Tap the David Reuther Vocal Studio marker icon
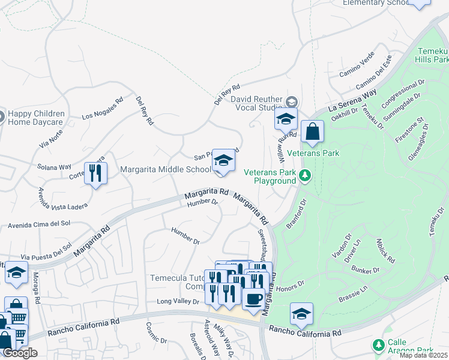coord(292,101)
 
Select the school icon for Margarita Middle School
coord(223,161)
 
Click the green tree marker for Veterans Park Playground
coord(306,175)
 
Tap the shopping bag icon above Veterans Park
coord(312,132)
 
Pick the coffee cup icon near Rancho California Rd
coord(253,299)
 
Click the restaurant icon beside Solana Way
coord(95,173)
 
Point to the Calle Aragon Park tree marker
coord(378,344)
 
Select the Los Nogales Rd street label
coord(103,108)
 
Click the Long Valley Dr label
coord(177,302)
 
